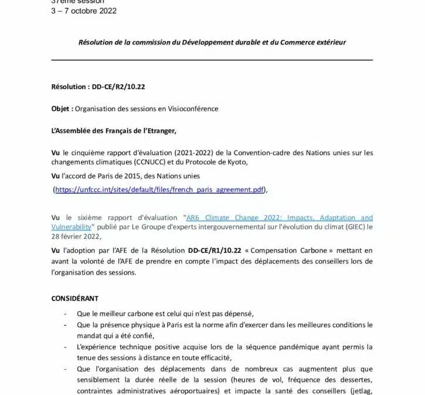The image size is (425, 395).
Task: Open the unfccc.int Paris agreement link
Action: pyautogui.click(x=160, y=190)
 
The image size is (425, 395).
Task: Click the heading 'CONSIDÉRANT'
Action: pyautogui.click(x=75, y=298)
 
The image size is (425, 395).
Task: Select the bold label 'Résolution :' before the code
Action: pyautogui.click(x=71, y=87)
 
